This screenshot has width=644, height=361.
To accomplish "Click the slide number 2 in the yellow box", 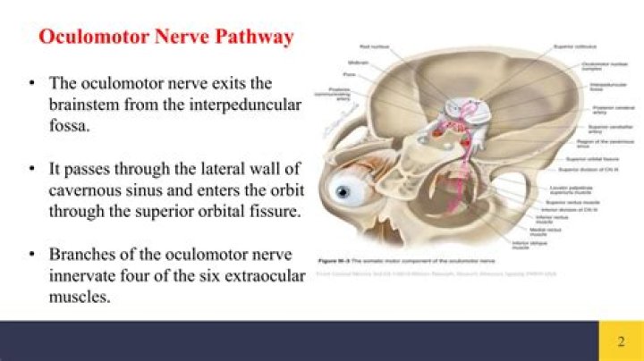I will point(621,341).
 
